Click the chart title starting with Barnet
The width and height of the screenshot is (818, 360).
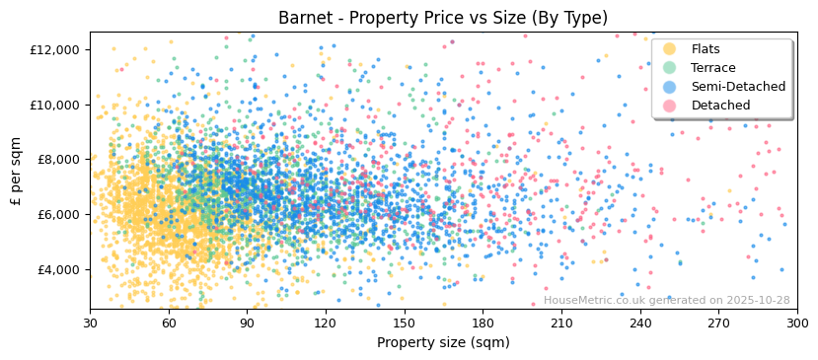443,18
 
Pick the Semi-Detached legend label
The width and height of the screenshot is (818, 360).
738,87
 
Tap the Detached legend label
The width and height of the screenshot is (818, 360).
721,106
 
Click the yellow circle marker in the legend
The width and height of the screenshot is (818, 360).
670,49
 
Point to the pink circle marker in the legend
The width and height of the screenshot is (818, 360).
670,106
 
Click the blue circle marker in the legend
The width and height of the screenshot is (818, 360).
670,87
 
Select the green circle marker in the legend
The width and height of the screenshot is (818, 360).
670,68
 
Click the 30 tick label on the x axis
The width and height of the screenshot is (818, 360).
90,323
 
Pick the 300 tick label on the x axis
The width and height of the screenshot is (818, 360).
797,323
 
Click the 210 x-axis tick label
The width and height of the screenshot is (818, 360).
561,323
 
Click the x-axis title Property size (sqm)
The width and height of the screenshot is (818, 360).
443,342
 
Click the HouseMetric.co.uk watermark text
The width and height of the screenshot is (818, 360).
666,300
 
